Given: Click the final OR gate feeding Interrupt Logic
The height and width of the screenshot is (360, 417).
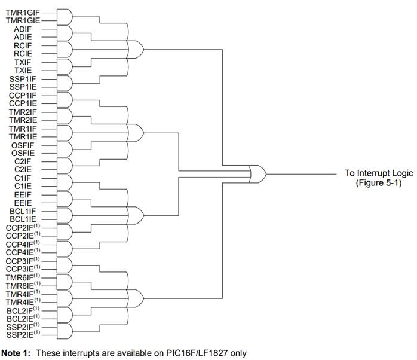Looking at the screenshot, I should [257, 175].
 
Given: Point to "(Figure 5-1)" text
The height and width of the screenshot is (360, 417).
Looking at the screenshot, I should [378, 182].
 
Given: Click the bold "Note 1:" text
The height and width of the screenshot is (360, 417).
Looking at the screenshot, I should [17, 353].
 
